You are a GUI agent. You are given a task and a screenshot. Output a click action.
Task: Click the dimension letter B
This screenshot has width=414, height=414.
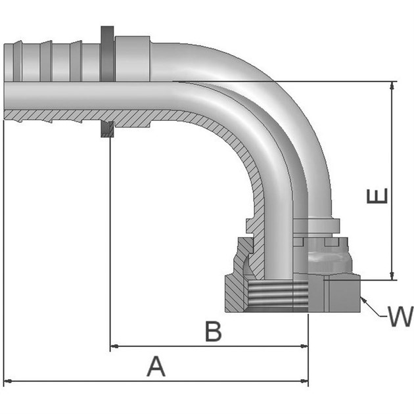(x=212, y=332)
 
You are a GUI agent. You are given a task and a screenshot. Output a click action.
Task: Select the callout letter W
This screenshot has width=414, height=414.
(x=400, y=317)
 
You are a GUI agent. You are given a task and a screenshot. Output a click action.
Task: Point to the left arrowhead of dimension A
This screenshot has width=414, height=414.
(x=8, y=381)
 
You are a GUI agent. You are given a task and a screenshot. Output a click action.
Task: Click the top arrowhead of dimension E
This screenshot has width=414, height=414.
(x=393, y=86)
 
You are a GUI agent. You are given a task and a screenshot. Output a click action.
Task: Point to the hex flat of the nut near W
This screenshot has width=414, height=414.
(x=342, y=294)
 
